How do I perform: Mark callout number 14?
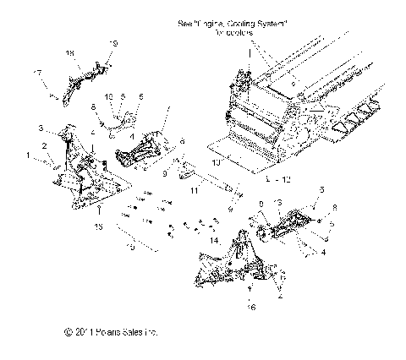click(213, 241)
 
